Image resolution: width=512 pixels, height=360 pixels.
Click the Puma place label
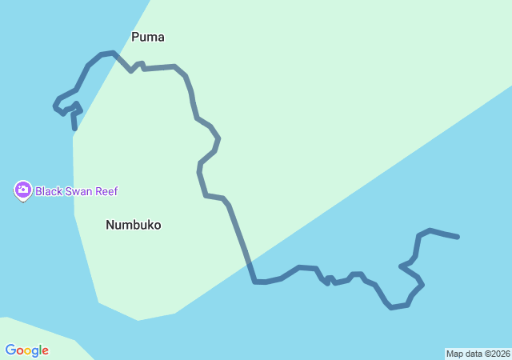pos(148,37)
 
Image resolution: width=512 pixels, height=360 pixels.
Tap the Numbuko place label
pos(133,226)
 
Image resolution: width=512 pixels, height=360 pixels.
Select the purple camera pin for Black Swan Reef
pos(22,190)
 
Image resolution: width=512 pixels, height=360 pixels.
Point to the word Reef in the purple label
pos(109,192)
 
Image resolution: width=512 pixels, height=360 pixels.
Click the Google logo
pos(27,350)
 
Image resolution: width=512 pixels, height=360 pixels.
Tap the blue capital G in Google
pos(10,350)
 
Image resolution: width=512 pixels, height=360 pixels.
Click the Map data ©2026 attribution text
pos(478,354)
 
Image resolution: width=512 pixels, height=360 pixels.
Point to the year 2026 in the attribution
pos(500,354)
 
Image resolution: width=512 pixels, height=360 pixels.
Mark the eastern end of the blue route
pos(458,237)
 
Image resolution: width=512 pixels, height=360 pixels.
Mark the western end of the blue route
pos(74,128)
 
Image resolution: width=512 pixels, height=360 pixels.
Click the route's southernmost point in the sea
pos(391,307)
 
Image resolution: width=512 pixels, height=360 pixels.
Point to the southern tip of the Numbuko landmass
pos(138,320)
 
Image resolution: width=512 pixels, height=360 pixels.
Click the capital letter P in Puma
pos(136,37)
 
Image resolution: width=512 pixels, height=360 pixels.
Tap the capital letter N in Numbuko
pos(110,226)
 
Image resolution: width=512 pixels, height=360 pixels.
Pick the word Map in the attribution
pos(454,354)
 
